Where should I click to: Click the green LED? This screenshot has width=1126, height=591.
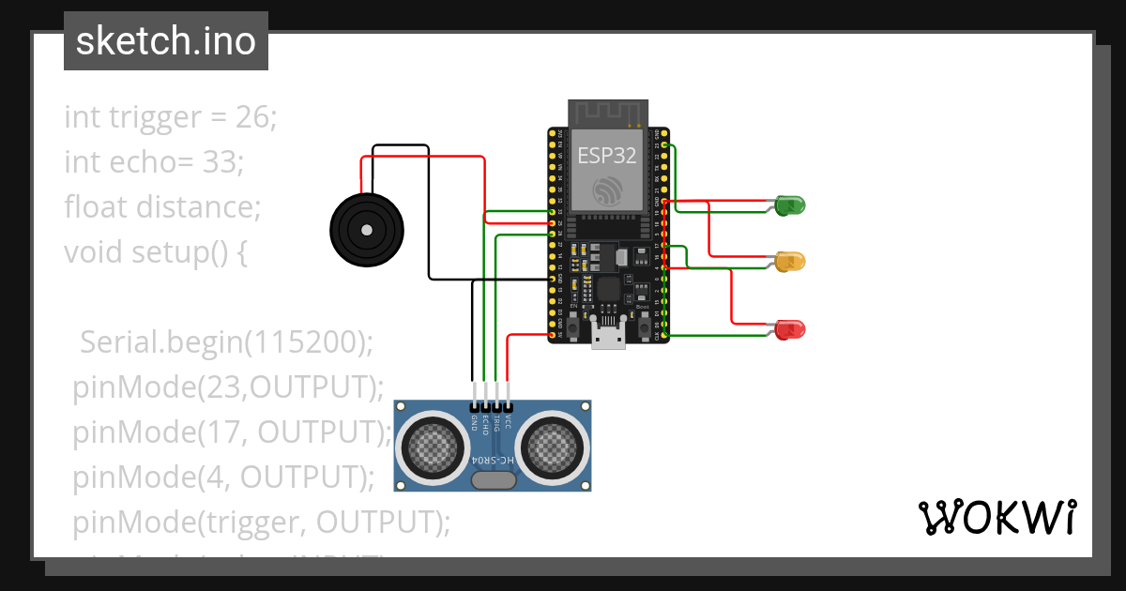pyautogui.click(x=790, y=205)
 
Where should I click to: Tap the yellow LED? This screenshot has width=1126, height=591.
pyautogui.click(x=790, y=262)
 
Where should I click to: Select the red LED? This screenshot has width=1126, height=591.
pyautogui.click(x=790, y=329)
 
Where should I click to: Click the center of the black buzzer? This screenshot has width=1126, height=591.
pyautogui.click(x=366, y=230)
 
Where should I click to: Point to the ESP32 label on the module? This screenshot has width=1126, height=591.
pyautogui.click(x=607, y=155)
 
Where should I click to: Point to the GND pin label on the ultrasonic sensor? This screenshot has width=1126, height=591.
pyautogui.click(x=474, y=423)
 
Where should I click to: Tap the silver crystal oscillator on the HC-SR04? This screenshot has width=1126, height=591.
pyautogui.click(x=494, y=480)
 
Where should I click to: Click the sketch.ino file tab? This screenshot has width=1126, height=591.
pyautogui.click(x=166, y=41)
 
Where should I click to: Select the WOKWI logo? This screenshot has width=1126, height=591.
pyautogui.click(x=997, y=517)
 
